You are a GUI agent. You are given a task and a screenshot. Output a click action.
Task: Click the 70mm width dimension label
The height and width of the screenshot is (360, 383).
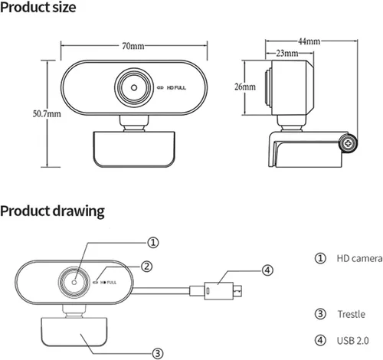[133, 46]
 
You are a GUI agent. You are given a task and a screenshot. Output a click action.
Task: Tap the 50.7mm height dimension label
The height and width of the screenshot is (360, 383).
[47, 113]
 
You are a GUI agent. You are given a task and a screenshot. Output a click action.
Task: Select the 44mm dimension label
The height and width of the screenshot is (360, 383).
[309, 41]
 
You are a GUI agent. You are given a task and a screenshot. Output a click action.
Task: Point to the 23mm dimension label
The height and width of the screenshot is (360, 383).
[287, 53]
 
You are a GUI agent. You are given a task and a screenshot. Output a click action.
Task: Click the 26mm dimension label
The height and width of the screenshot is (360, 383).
[245, 87]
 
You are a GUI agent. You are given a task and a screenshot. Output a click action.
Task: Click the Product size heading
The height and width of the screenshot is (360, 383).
[38, 8]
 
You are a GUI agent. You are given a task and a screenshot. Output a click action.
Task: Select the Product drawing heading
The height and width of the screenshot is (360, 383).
[52, 211]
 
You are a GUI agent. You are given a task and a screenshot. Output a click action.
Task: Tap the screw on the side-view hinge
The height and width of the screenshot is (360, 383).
[348, 143]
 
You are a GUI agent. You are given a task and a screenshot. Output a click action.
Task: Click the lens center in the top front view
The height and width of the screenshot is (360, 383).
[134, 88]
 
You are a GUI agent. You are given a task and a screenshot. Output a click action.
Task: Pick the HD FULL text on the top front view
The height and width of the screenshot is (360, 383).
[176, 88]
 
